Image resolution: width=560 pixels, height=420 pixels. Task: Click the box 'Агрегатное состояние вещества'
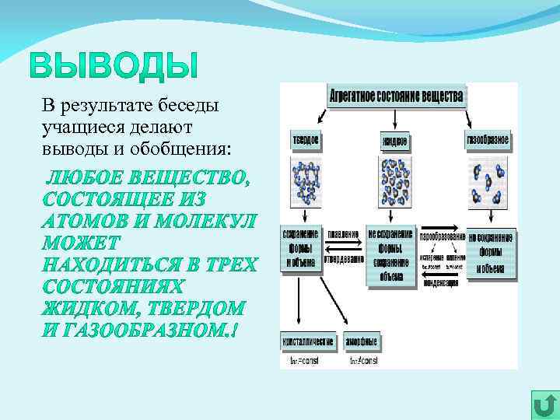(397, 96)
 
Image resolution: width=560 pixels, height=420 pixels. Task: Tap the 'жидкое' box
(394, 142)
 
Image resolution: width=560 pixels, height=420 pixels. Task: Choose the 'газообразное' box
(488, 141)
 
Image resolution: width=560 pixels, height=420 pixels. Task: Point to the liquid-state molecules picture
(396, 183)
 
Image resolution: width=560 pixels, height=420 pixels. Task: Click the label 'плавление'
(343, 234)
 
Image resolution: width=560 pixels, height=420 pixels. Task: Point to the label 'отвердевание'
(343, 260)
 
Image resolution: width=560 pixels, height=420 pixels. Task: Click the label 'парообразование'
(442, 236)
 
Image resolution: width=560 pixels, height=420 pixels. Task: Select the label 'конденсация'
(441, 282)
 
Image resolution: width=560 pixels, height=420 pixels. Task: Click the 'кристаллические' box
(307, 341)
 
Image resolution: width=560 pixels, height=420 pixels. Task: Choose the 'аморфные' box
(363, 341)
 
